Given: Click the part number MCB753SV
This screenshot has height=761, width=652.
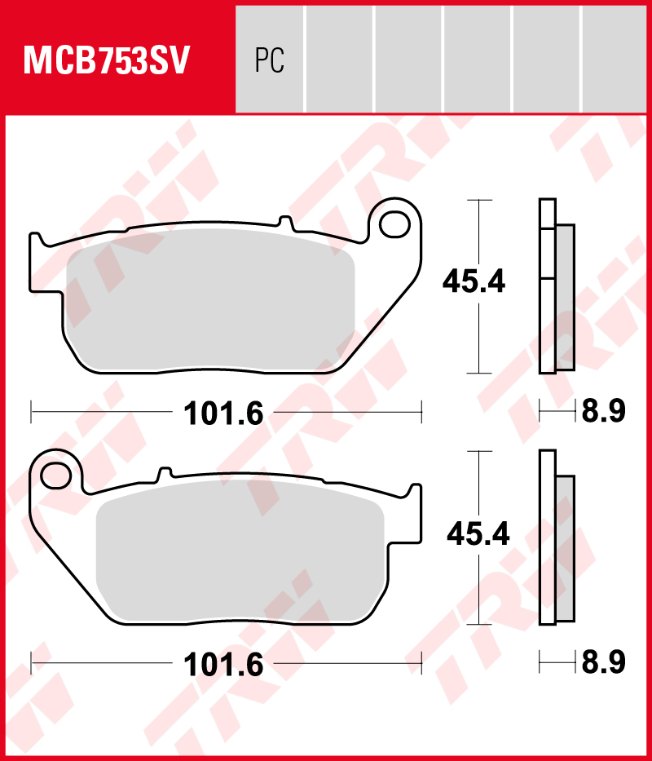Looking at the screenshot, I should coord(107,61).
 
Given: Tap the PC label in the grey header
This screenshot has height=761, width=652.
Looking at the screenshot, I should coord(269,61).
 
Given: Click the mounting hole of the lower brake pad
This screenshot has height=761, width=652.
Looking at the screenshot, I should coord(55,472).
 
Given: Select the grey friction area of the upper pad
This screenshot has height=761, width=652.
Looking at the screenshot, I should coord(210,299).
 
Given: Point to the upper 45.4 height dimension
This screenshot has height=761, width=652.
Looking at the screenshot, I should coord(474,282).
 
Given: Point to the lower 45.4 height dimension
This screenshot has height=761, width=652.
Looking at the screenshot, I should coord(478,534).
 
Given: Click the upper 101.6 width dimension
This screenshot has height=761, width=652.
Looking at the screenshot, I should coord(224,414).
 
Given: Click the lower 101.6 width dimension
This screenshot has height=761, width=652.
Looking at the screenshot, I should coord(224,665).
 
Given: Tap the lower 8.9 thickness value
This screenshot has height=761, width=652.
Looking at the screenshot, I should coord(602,663).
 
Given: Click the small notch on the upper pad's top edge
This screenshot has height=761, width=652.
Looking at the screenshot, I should coord(284,221).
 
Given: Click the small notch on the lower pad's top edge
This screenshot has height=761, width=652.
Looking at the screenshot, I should coord(165,472).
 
